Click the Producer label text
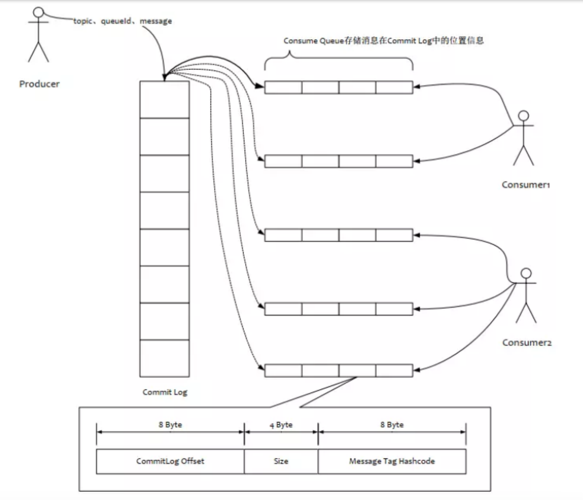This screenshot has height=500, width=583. [39, 84]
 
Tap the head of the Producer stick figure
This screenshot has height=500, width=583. [38, 12]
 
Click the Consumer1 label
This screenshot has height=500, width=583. [526, 185]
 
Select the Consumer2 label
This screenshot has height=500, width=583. [527, 342]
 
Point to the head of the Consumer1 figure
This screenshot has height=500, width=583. [524, 116]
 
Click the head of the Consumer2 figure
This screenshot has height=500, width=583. [526, 273]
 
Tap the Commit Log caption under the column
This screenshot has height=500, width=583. [165, 392]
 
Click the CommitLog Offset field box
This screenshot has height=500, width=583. [170, 461]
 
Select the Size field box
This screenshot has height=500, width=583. [281, 461]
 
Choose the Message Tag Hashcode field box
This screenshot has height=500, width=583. [392, 461]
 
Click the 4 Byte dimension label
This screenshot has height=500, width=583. [281, 425]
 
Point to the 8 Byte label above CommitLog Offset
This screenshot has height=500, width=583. [170, 425]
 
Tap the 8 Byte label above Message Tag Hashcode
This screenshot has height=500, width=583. [392, 425]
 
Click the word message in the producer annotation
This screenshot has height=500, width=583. [156, 21]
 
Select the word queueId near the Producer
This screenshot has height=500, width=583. [115, 21]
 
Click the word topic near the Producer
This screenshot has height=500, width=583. [83, 21]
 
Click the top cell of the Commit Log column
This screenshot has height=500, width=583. [165, 100]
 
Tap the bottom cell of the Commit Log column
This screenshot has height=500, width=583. [165, 358]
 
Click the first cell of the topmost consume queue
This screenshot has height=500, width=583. [283, 88]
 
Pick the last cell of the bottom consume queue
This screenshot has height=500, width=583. [394, 371]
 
